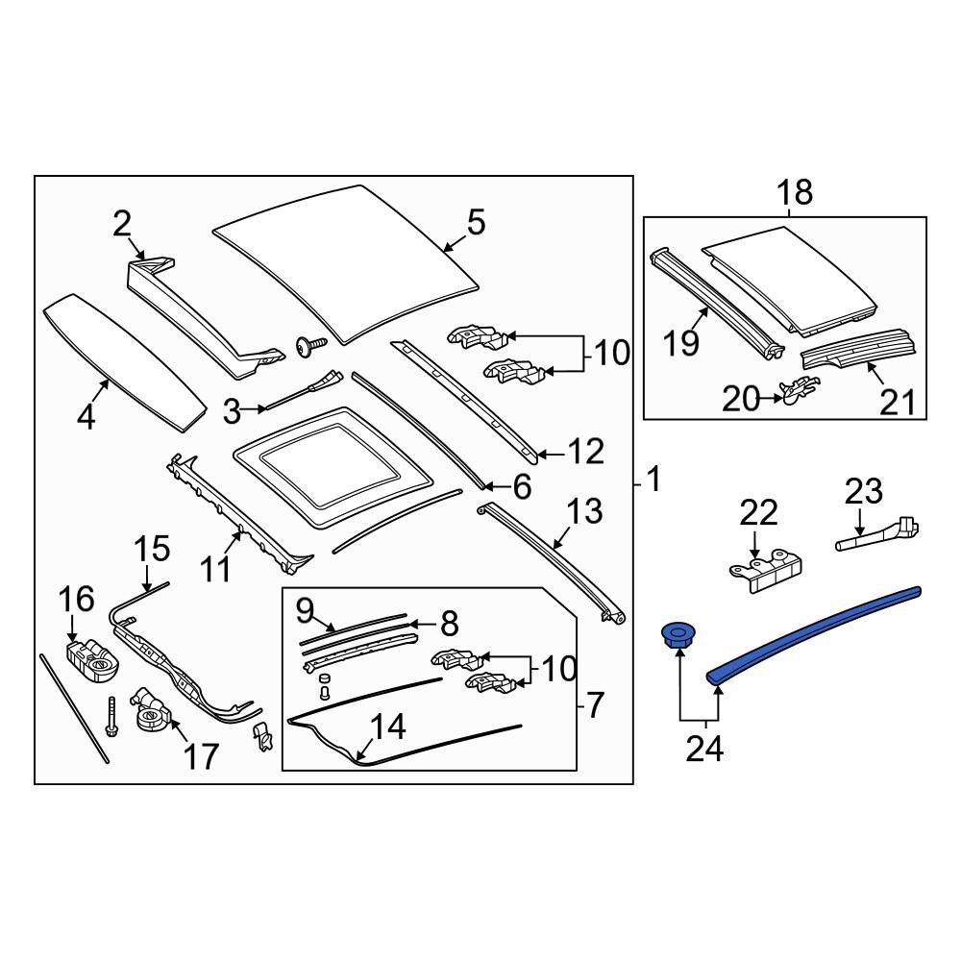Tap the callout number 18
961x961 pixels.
click(x=795, y=192)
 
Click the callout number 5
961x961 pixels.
click(x=477, y=223)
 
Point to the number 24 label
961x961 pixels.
click(x=704, y=749)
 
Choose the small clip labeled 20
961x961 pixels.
click(x=799, y=390)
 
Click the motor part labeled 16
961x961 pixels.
click(x=92, y=661)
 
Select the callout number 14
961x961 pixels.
click(x=388, y=727)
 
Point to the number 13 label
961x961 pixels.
click(x=584, y=511)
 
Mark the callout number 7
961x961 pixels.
click(x=596, y=704)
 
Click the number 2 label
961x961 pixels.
click(x=122, y=224)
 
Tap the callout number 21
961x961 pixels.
click(x=898, y=403)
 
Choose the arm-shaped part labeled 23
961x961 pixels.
click(x=877, y=533)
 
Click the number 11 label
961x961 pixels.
click(x=215, y=569)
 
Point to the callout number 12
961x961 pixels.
click(x=587, y=452)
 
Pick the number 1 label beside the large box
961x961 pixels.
click(x=654, y=479)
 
